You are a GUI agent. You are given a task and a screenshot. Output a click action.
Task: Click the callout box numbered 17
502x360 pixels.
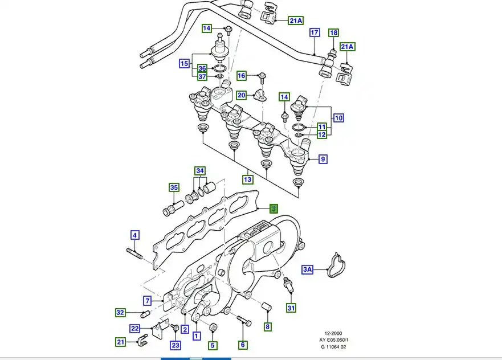315,33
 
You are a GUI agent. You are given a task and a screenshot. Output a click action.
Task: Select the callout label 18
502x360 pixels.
334,33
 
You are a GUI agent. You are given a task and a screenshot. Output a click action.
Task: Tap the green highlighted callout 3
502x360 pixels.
274,209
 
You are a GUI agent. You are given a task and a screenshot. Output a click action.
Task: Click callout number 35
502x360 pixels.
174,187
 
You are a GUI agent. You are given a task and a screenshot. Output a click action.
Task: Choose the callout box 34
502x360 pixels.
199,171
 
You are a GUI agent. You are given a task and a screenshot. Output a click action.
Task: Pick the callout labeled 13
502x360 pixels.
247,179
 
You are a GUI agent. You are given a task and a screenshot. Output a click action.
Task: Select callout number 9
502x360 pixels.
323,159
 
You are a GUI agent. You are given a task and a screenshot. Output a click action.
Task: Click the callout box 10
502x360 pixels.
338,118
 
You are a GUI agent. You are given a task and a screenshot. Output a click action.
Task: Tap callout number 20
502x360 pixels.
242,95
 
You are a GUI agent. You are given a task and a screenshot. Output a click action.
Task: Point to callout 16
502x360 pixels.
242,75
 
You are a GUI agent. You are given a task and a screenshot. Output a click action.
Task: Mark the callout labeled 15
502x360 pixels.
184,64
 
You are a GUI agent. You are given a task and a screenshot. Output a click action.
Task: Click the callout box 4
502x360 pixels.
135,235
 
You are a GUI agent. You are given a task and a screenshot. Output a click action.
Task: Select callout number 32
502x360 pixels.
120,312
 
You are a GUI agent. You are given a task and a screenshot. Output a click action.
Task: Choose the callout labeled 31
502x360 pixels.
291,308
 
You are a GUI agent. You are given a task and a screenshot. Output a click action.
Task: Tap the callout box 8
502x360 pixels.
267,327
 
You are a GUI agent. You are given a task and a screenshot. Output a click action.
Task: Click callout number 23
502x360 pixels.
175,345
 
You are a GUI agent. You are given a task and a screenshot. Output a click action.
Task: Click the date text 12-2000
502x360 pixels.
333,334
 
